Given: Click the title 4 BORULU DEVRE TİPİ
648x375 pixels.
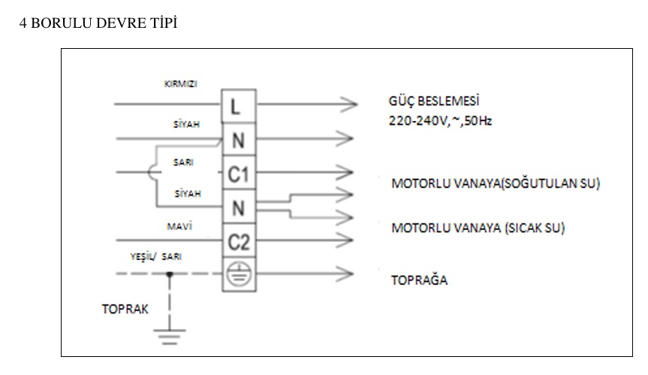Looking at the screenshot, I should (x=98, y=23).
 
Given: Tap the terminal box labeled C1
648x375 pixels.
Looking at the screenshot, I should (x=237, y=174).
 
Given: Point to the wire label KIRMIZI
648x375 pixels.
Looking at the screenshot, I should (x=181, y=83).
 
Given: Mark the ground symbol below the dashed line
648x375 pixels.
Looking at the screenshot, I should (x=171, y=335).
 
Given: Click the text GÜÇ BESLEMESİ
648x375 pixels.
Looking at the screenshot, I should (x=433, y=102).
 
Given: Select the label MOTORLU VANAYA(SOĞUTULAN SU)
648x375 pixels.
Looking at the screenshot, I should (x=495, y=184).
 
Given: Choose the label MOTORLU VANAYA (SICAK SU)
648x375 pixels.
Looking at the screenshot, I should (x=478, y=227).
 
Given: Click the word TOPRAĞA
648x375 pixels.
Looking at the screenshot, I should (x=419, y=281).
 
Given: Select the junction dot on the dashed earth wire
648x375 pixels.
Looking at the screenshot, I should (x=171, y=275).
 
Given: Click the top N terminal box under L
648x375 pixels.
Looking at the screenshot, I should (x=237, y=140).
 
